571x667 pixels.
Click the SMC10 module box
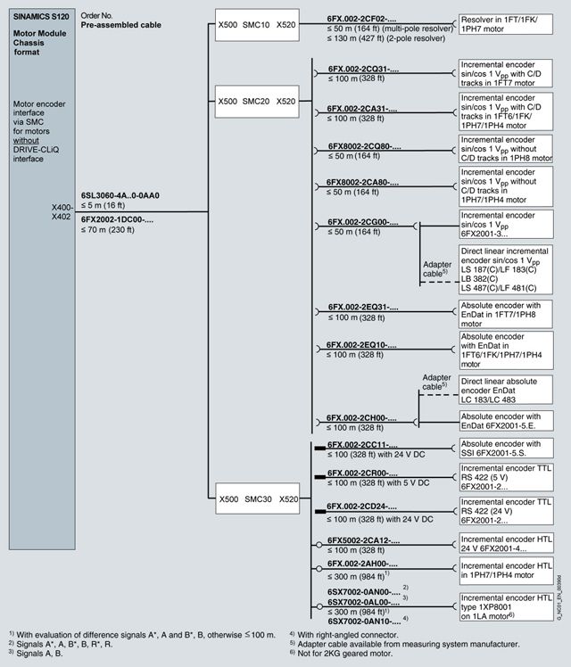[257, 25]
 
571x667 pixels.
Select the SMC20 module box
[257, 102]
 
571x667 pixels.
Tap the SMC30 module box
[258, 498]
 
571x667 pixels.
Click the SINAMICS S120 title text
[41, 17]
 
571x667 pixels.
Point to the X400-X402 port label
[62, 212]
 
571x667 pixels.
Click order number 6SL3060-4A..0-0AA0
[120, 195]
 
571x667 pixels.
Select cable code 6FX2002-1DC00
[117, 220]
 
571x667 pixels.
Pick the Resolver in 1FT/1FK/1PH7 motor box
[506, 24]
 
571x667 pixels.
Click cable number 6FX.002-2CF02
[361, 19]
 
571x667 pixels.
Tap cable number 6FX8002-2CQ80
[364, 146]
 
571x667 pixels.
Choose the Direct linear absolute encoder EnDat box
[506, 390]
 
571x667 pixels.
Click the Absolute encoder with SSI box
[506, 449]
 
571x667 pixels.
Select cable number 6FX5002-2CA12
[363, 540]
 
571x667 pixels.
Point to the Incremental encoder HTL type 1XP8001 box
[506, 607]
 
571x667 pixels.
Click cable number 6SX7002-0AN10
[364, 622]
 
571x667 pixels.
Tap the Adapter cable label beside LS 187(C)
[436, 269]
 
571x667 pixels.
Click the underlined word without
[26, 140]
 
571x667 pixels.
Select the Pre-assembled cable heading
[120, 25]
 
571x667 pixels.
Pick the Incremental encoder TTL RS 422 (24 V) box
[506, 511]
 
